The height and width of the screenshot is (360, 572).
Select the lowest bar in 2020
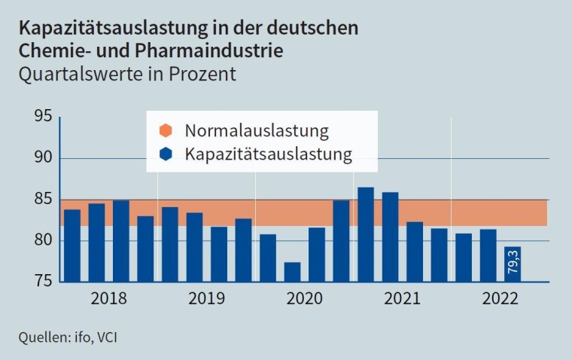point(292,272)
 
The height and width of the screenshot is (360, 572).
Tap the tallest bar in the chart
point(366,234)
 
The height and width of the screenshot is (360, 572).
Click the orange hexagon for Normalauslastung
point(167,130)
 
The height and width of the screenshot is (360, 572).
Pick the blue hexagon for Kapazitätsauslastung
point(167,155)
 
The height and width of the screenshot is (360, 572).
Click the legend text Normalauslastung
point(257,130)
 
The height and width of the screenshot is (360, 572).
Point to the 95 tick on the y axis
point(42,117)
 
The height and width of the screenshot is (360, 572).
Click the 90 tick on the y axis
point(42,158)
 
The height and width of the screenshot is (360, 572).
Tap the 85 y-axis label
point(42,200)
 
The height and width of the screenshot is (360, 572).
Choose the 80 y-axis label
point(42,241)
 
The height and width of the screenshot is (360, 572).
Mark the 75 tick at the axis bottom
point(42,281)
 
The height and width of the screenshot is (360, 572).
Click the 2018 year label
point(108,298)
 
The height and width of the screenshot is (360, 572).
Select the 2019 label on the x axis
point(206,298)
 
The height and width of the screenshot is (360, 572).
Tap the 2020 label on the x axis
point(304,298)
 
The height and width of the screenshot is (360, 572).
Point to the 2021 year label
point(402,298)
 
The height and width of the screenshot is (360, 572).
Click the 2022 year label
point(500,298)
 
